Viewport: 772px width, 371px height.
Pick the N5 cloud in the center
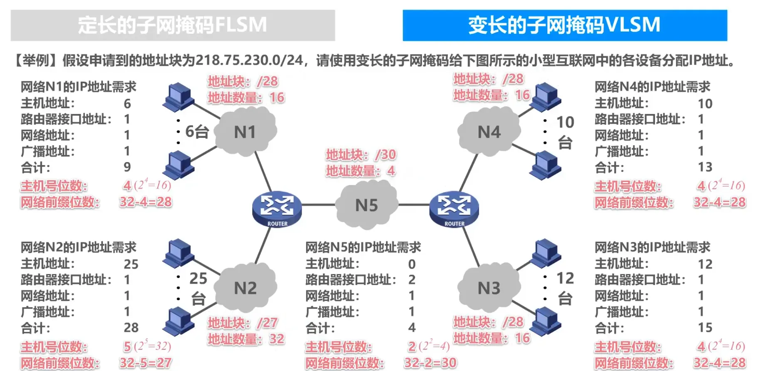[366, 205]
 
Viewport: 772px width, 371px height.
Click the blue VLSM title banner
[565, 25]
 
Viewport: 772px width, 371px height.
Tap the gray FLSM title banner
[173, 25]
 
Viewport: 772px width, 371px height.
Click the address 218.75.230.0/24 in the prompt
[249, 60]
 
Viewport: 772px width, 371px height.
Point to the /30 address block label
[361, 155]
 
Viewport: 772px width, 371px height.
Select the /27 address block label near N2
[243, 323]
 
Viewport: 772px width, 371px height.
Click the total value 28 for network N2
[131, 328]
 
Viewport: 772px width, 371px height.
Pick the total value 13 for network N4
[705, 167]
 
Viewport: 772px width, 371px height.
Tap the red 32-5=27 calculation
[146, 363]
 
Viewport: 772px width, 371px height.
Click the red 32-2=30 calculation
[430, 363]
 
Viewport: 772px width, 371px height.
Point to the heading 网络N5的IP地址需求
[363, 247]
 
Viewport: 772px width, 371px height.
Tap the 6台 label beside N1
[197, 132]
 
